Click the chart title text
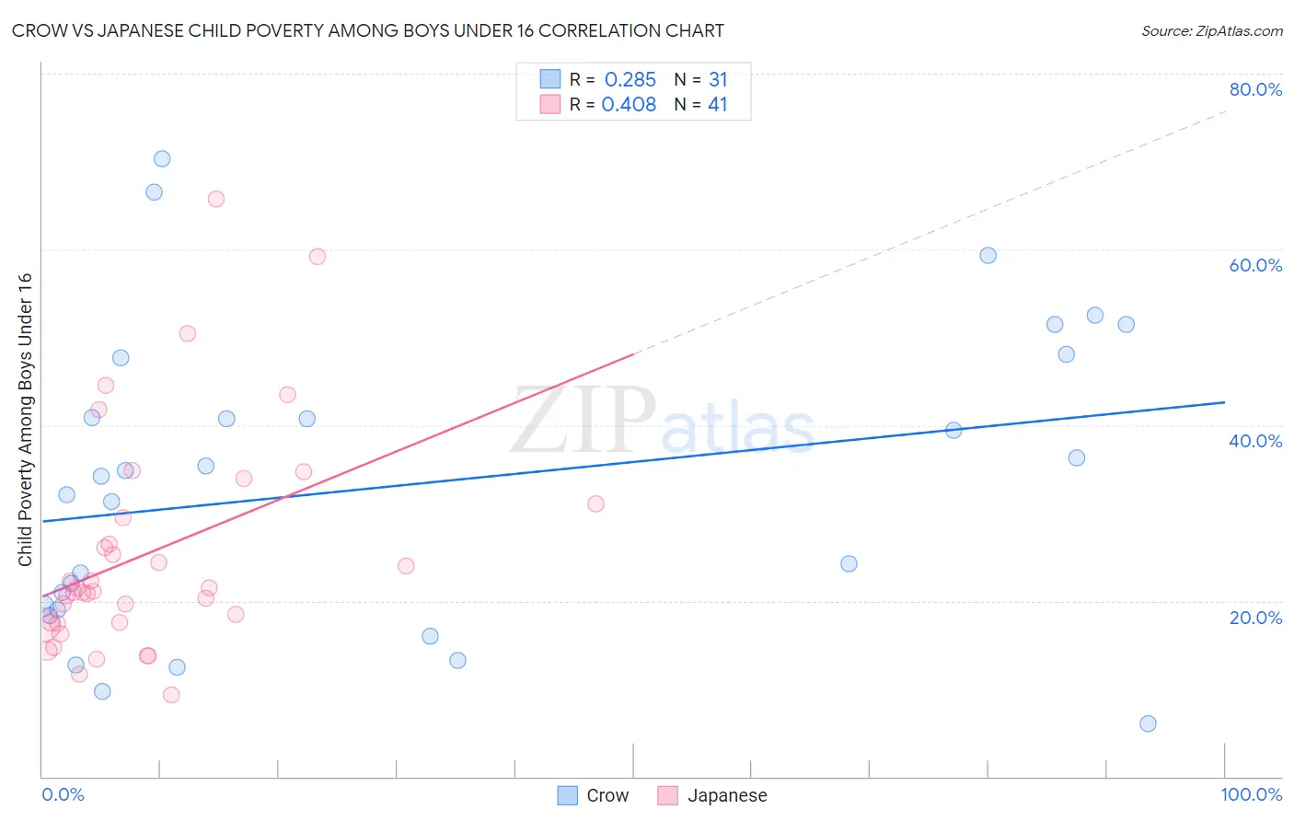[367, 30]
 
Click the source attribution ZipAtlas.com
[1211, 30]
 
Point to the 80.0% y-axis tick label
[1254, 89]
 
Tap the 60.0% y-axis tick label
[1254, 265]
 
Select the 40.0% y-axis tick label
[1254, 441]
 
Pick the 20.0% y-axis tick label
[1254, 618]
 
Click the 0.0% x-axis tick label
[63, 794]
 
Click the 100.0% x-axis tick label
[1251, 794]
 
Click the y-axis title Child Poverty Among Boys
[25, 420]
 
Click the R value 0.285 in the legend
[630, 80]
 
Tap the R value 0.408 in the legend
[629, 105]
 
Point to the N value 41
[718, 105]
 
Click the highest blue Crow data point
[162, 158]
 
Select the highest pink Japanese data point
[216, 199]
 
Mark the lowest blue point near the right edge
[1148, 723]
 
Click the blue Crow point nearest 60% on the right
[988, 256]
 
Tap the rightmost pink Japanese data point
[595, 503]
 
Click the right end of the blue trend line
[1224, 402]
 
